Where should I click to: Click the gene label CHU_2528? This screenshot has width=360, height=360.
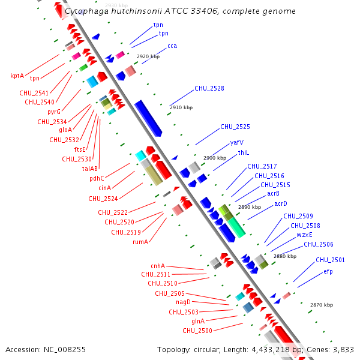click(209, 88)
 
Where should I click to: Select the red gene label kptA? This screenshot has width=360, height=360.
click(17, 76)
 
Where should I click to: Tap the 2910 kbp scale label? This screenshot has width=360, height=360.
click(181, 107)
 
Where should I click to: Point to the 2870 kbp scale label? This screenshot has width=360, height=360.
click(322, 305)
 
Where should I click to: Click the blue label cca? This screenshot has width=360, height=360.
click(172, 46)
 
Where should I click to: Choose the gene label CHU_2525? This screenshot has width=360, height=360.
click(235, 127)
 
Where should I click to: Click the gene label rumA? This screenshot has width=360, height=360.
click(140, 242)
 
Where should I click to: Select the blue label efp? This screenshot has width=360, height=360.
click(328, 271)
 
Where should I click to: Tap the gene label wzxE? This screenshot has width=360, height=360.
click(304, 235)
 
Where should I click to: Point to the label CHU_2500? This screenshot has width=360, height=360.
click(197, 331)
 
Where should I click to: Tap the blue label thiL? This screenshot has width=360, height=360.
click(244, 152)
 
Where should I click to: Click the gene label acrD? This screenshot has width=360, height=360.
click(281, 203)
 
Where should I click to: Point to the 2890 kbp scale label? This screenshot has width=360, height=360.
click(250, 207)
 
